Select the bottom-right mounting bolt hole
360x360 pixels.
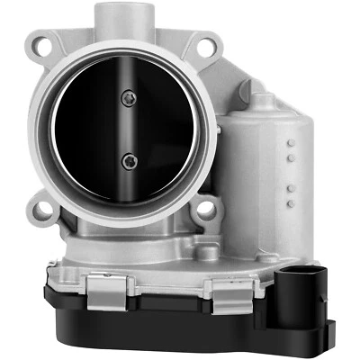pyautogui.click(x=207, y=210)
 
